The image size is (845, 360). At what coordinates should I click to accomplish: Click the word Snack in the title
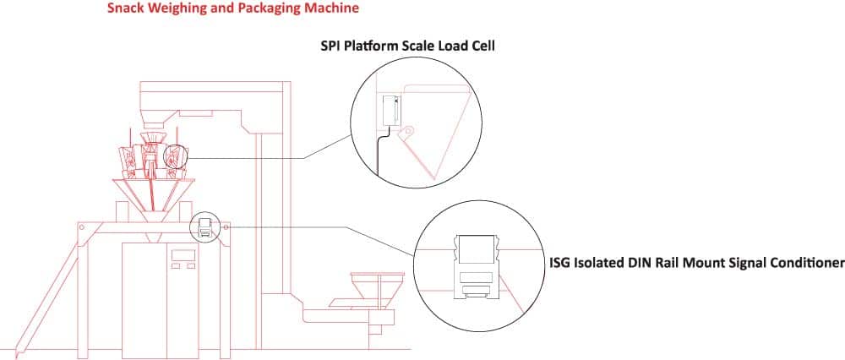[123, 9]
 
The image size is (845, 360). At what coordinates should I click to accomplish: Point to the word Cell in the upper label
[482, 45]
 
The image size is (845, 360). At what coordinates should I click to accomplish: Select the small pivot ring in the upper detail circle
[408, 131]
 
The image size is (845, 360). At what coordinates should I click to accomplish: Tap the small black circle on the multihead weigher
[174, 157]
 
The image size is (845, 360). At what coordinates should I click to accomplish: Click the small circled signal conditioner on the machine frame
[204, 226]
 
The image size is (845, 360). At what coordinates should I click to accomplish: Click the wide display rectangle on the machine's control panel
[182, 254]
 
